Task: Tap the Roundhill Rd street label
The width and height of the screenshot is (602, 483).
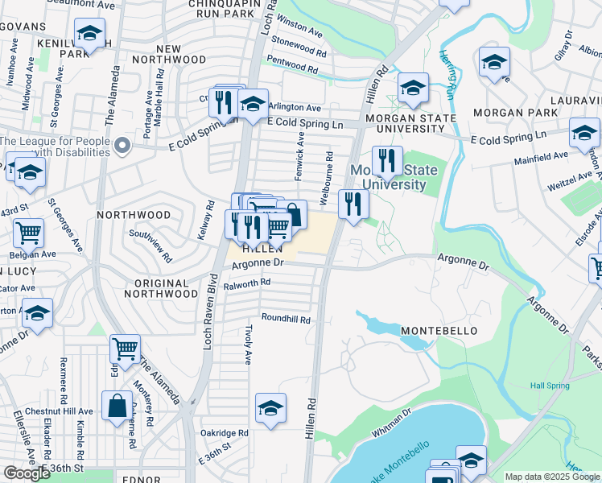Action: coord(285,319)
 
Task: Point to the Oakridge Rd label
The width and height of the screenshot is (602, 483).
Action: coord(225,432)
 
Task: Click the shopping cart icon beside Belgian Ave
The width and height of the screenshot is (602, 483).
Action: coord(28,233)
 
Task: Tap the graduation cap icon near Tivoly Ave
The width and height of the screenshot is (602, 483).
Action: coord(270,407)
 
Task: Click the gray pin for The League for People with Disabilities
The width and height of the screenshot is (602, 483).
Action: coord(122,146)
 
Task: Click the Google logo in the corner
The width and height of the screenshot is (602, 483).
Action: coord(27,473)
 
